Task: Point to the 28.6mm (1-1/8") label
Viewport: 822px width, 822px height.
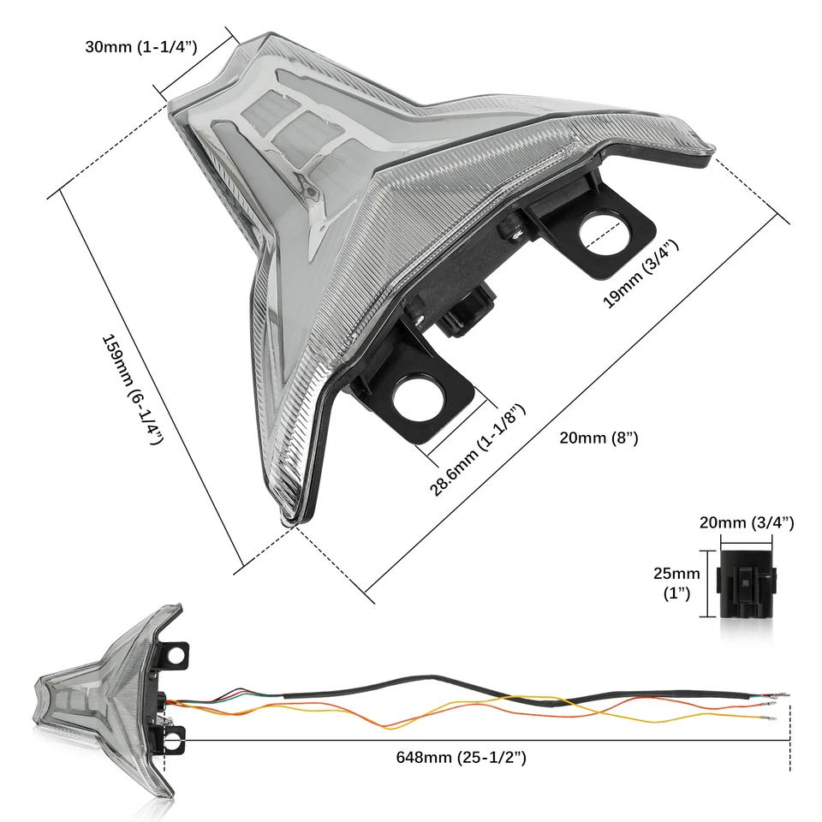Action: (x=477, y=450)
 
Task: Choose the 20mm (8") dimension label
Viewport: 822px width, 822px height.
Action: (x=599, y=438)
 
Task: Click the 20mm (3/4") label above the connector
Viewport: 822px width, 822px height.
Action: (x=746, y=523)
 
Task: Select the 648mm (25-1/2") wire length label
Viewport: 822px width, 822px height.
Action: (x=460, y=757)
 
